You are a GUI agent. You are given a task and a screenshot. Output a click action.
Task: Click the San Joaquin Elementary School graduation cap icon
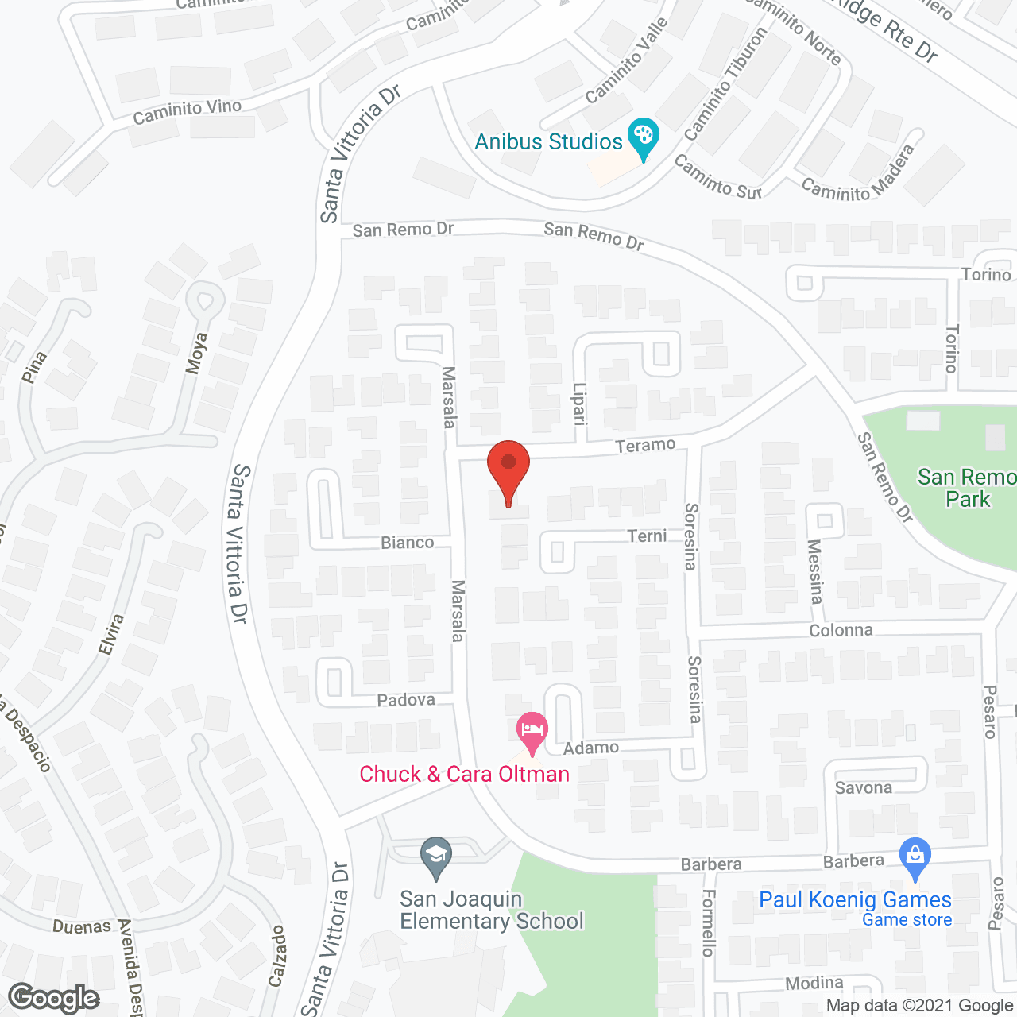(435, 857)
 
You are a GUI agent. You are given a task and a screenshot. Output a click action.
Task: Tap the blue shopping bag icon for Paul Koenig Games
(915, 857)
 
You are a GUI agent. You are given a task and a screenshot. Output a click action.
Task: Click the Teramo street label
(645, 445)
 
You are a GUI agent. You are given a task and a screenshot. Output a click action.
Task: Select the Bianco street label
(408, 543)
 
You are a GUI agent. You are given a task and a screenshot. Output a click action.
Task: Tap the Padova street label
(406, 700)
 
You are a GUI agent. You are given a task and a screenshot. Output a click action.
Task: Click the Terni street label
(647, 536)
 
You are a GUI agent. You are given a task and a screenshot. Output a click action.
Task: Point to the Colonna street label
(841, 631)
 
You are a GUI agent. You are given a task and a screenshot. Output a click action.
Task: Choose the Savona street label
(863, 788)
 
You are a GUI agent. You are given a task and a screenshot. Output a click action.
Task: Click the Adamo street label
(591, 748)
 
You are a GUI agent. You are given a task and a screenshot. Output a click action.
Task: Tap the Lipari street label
(579, 402)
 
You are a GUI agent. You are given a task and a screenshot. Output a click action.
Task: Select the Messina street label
(814, 571)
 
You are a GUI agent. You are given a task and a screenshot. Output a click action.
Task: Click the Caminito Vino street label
(187, 112)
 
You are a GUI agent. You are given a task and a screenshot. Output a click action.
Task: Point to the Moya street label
(196, 353)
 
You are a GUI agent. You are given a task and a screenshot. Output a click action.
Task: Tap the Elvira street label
(111, 634)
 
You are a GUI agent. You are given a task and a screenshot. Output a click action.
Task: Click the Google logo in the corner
(53, 998)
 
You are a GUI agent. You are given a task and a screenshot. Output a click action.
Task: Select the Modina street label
(814, 984)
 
